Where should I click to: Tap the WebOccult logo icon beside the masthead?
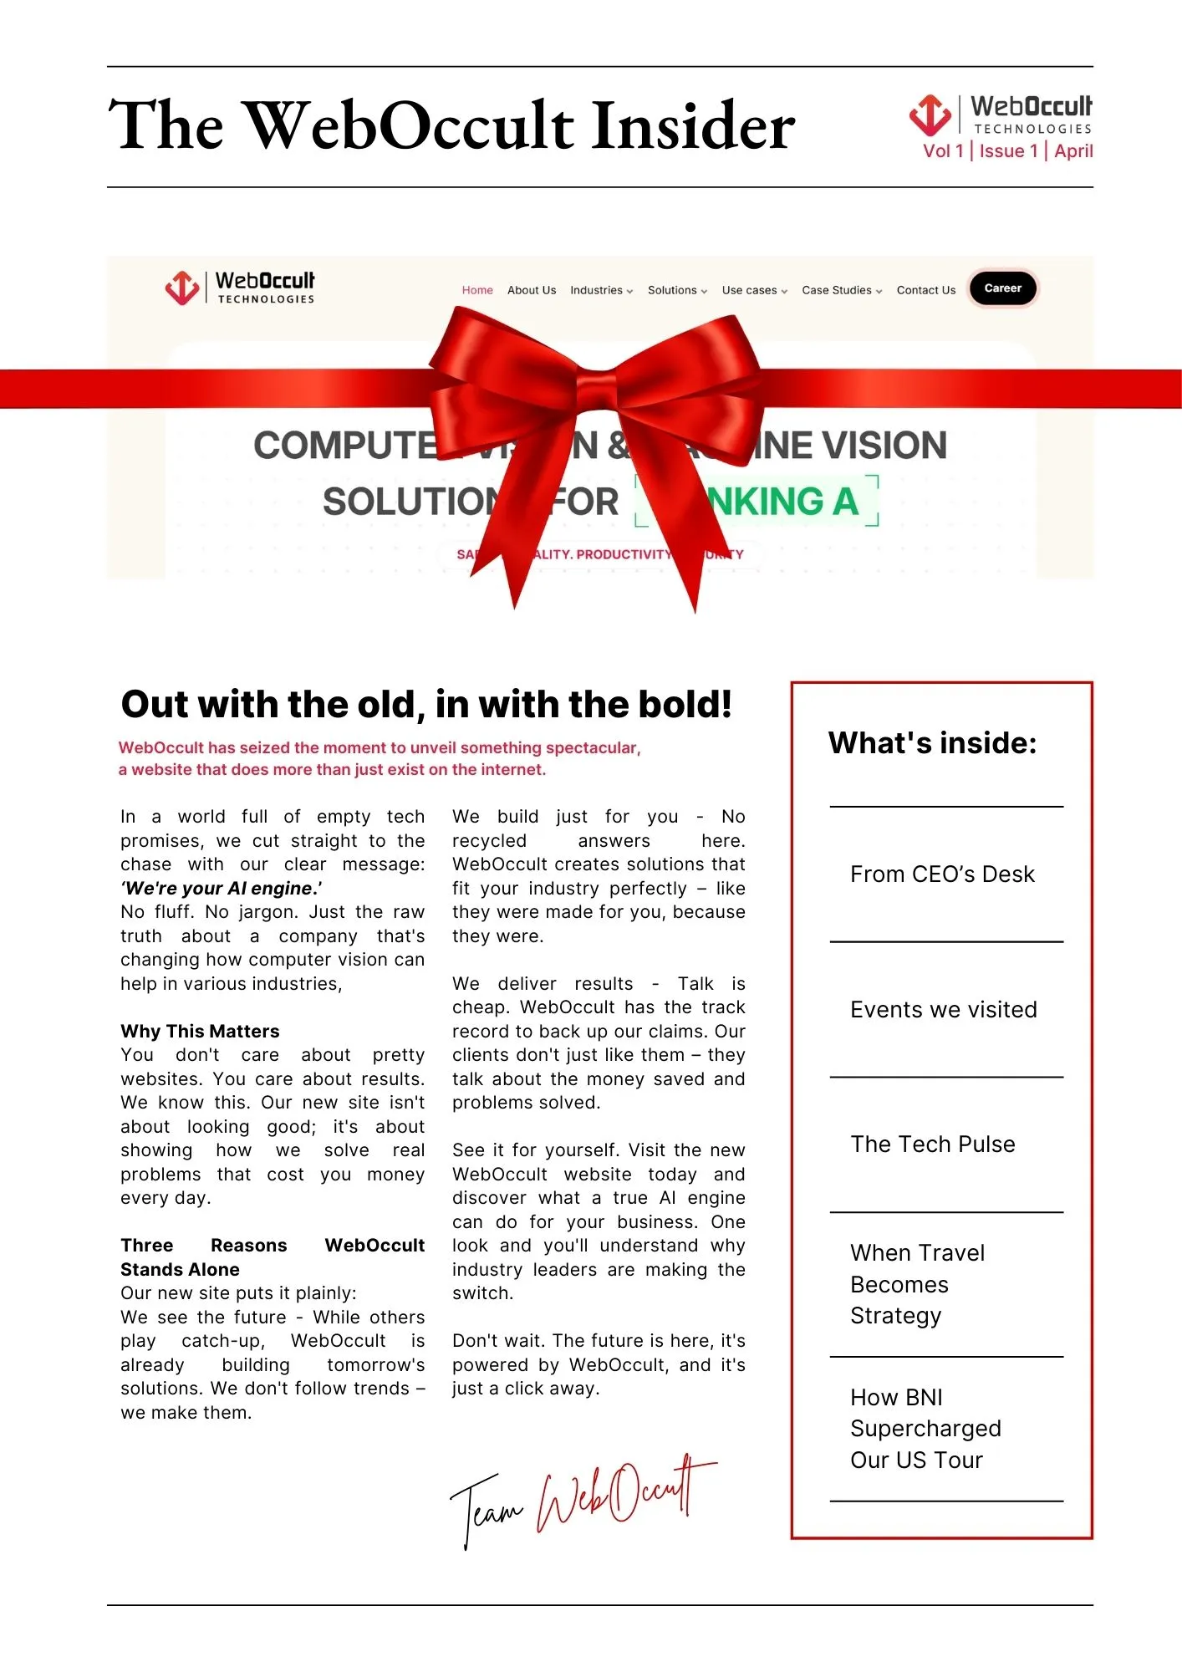930,115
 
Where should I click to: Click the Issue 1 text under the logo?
1007,151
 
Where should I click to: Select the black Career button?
1002,288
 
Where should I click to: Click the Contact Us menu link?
925,290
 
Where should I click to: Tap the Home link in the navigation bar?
477,290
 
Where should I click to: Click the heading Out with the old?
425,704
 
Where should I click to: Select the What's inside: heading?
932,742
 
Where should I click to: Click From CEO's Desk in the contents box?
941,874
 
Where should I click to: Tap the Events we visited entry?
943,1010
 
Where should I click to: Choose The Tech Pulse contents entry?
932,1144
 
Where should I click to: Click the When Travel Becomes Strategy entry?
916,1284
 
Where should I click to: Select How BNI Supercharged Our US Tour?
925,1429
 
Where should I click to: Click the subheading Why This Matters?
200,1031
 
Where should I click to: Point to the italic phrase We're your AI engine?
222,888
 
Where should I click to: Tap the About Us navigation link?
531,290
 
